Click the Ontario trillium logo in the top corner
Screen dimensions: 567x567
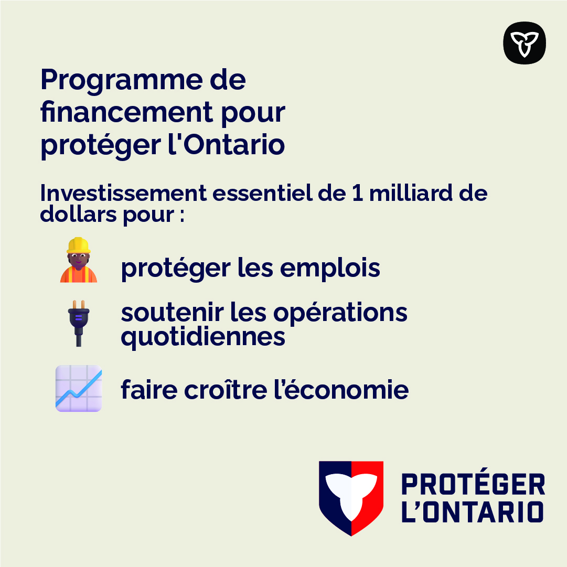[525, 43]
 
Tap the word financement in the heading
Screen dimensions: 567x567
[126, 112]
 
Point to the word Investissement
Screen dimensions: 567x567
[123, 194]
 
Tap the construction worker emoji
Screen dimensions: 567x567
[79, 260]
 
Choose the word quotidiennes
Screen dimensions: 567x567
[203, 336]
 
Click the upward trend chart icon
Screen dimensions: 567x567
[79, 388]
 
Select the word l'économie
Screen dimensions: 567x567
[339, 390]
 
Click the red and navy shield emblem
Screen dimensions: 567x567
[351, 498]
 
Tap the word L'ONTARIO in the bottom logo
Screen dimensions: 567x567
[472, 512]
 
